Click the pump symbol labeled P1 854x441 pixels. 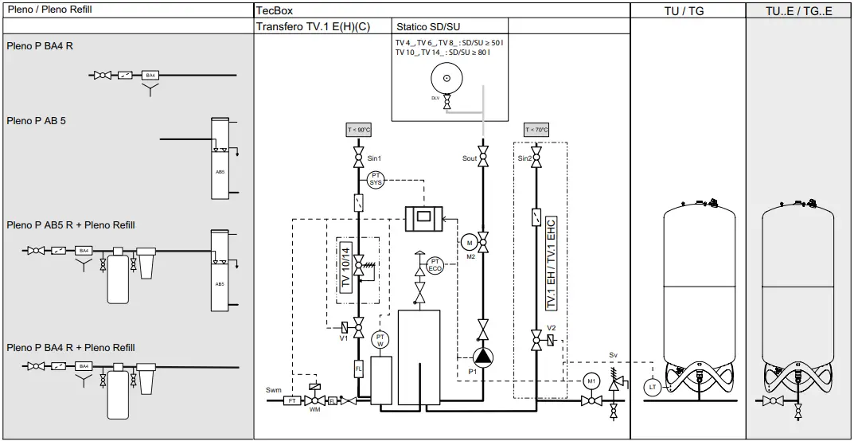[482, 357]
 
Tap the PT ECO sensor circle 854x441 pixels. [435, 265]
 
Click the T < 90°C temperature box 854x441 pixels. [359, 130]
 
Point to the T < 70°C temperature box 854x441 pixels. [536, 130]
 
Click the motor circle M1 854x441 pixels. [591, 381]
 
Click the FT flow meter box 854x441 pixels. [292, 400]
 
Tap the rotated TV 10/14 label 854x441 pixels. [345, 265]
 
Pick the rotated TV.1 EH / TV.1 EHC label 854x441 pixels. [550, 263]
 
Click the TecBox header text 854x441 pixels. [275, 10]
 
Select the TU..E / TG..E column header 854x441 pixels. [798, 10]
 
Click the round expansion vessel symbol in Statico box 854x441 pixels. [446, 78]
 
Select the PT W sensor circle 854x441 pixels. [380, 340]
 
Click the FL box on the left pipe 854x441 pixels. [359, 369]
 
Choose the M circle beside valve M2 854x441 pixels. [469, 242]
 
